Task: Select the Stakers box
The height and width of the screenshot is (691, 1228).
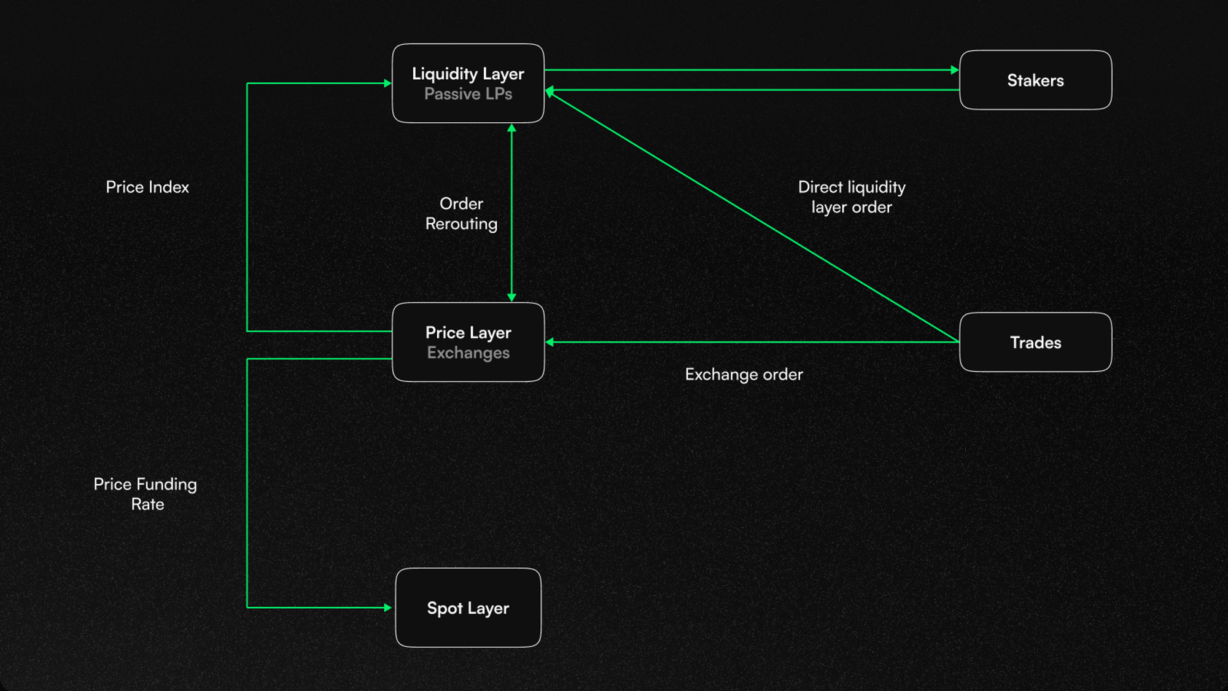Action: pyautogui.click(x=1035, y=80)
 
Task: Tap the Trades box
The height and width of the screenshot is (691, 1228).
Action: pyautogui.click(x=1035, y=342)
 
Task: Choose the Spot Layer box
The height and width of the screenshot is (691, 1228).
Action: pyautogui.click(x=468, y=607)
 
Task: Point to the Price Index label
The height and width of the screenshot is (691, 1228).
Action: pyautogui.click(x=147, y=187)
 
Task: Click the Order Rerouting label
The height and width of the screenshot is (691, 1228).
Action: pyautogui.click(x=461, y=214)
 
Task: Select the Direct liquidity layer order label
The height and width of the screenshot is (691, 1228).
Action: pyautogui.click(x=852, y=197)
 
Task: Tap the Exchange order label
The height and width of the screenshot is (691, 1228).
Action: pyautogui.click(x=744, y=375)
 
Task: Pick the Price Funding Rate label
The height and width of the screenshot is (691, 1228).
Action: pyautogui.click(x=146, y=494)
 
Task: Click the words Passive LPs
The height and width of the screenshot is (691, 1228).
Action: pyautogui.click(x=468, y=94)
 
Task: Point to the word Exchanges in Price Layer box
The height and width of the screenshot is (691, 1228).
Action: pyautogui.click(x=468, y=353)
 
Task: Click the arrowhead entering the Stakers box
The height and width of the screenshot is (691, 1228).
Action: pyautogui.click(x=955, y=70)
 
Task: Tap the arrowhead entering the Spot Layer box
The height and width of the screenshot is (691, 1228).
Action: pyautogui.click(x=387, y=607)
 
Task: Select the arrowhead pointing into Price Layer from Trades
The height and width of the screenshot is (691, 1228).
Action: pyautogui.click(x=550, y=342)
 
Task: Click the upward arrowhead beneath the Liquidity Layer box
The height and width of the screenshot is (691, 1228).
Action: pyautogui.click(x=511, y=128)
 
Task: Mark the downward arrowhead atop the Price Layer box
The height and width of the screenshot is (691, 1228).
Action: pyautogui.click(x=511, y=297)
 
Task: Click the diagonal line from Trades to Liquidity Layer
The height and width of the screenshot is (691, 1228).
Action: pyautogui.click(x=755, y=217)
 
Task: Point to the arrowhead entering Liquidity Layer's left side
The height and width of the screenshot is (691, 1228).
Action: pyautogui.click(x=387, y=83)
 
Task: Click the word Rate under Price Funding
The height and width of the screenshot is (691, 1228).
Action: pyautogui.click(x=147, y=504)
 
